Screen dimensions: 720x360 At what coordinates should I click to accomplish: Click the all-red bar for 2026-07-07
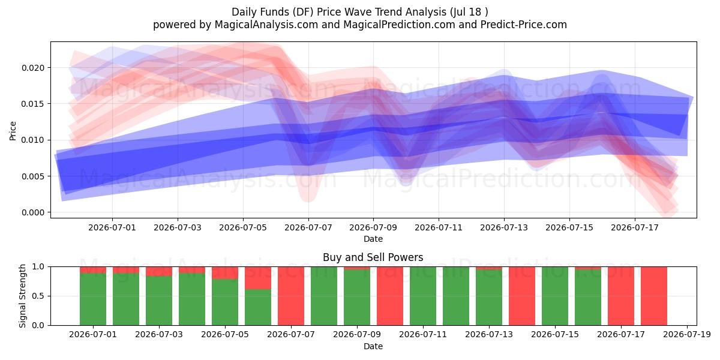[291, 296]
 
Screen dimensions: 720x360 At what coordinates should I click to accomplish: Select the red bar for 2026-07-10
[390, 296]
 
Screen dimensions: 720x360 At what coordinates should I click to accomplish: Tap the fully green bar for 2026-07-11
[423, 296]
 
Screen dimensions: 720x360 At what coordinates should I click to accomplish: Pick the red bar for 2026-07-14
[522, 296]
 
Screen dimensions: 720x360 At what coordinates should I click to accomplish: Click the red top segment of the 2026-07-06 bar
[258, 278]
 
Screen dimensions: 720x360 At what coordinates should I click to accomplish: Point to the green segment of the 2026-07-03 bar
[159, 301]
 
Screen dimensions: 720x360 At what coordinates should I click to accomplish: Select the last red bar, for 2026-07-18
[654, 296]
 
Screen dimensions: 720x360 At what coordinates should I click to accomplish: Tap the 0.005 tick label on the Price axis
[33, 176]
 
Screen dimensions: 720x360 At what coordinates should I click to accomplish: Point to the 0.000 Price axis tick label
[33, 212]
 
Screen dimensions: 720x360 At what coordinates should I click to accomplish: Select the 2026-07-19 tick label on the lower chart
[687, 335]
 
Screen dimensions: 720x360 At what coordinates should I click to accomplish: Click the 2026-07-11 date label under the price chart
[439, 227]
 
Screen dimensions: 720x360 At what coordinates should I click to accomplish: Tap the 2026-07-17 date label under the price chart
[635, 227]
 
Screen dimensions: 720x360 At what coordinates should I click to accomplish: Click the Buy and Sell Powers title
[373, 257]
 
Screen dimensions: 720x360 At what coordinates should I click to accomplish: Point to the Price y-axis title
[13, 131]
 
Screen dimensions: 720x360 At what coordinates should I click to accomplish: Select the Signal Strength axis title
[22, 296]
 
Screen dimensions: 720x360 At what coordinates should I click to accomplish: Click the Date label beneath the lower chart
[373, 346]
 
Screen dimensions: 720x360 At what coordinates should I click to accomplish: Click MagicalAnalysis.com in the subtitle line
[266, 25]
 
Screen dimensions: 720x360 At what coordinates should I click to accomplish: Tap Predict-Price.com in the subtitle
[524, 25]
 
